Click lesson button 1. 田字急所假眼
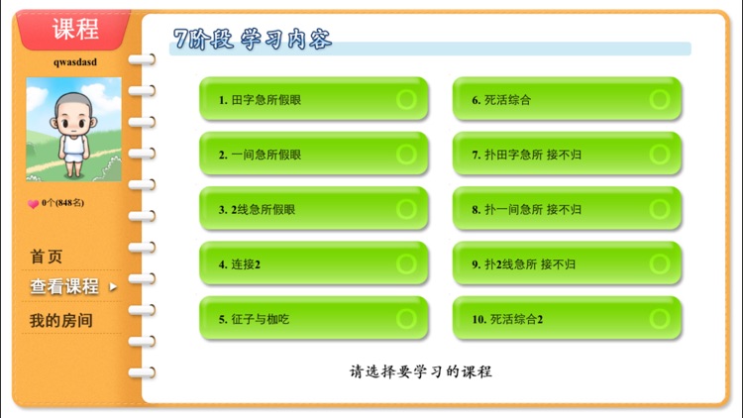pos(314,99)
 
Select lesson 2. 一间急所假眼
pos(314,155)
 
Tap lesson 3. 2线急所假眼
pos(314,209)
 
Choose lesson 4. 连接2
pos(314,263)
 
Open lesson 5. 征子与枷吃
pos(314,319)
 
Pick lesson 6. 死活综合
pos(567,99)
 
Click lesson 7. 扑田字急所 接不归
pos(567,155)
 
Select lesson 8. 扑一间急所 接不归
pos(567,209)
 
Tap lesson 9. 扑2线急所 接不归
pos(567,263)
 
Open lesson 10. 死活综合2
pos(567,319)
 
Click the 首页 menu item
pos(47,257)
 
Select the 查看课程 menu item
pos(64,287)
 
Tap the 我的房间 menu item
pos(60,321)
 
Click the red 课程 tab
pos(75,29)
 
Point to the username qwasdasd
pos(75,61)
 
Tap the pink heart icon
pos(33,203)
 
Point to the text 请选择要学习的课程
pos(420,372)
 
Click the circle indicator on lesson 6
pos(660,99)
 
